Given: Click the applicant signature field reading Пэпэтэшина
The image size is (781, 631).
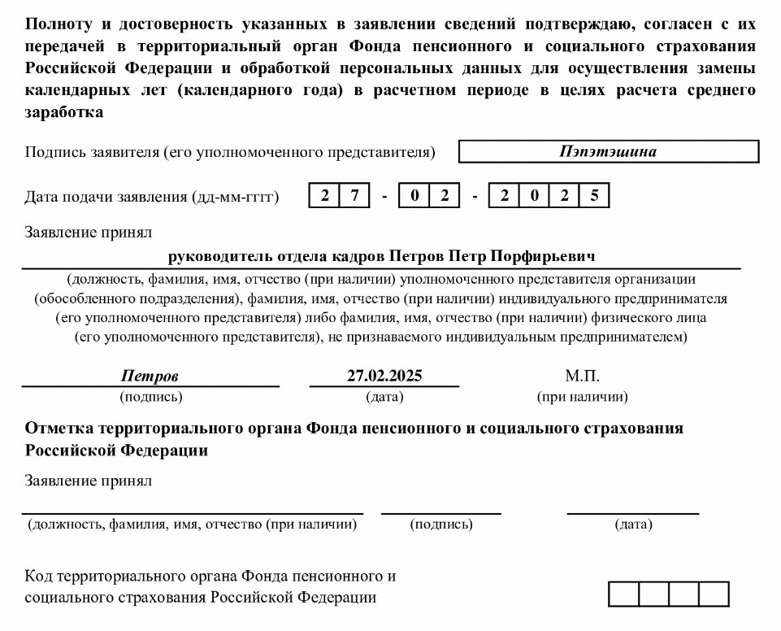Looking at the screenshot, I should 608,152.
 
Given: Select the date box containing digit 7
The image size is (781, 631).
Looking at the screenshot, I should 354,197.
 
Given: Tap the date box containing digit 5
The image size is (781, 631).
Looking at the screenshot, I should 594,197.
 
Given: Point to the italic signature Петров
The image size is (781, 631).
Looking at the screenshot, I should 150,376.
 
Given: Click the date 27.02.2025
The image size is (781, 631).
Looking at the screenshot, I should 384,376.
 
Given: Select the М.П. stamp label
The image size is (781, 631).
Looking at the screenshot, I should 582,376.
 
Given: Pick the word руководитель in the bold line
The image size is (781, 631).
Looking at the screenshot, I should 217,257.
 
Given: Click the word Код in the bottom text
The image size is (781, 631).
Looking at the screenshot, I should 38,577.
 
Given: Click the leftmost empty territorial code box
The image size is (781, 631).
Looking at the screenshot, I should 623,594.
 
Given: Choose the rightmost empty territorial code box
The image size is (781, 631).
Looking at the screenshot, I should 714,594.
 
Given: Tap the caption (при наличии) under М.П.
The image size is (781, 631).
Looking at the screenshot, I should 582,398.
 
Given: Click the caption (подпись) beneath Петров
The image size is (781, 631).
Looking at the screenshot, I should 150,398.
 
